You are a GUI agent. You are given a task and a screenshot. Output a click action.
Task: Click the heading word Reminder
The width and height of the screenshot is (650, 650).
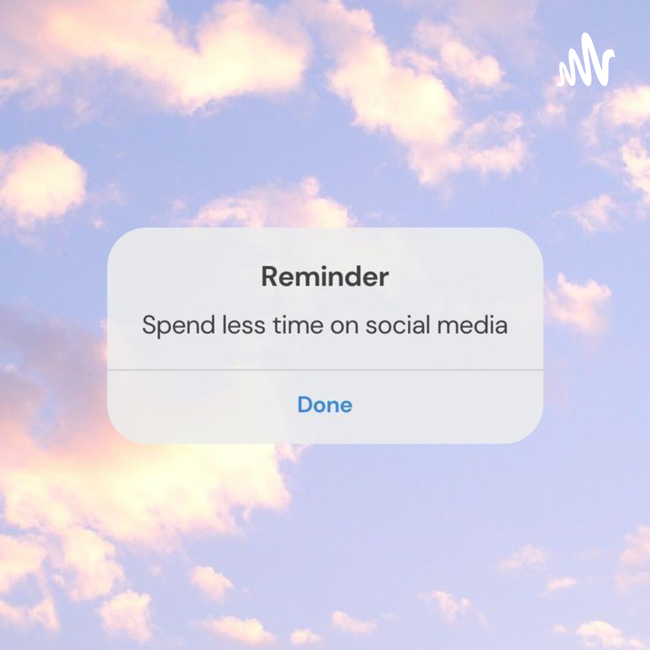tap(325, 276)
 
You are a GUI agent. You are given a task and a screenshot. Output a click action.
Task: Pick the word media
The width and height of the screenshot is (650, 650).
tap(472, 325)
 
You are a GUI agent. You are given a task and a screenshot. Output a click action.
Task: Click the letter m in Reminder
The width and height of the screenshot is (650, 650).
tap(309, 279)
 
